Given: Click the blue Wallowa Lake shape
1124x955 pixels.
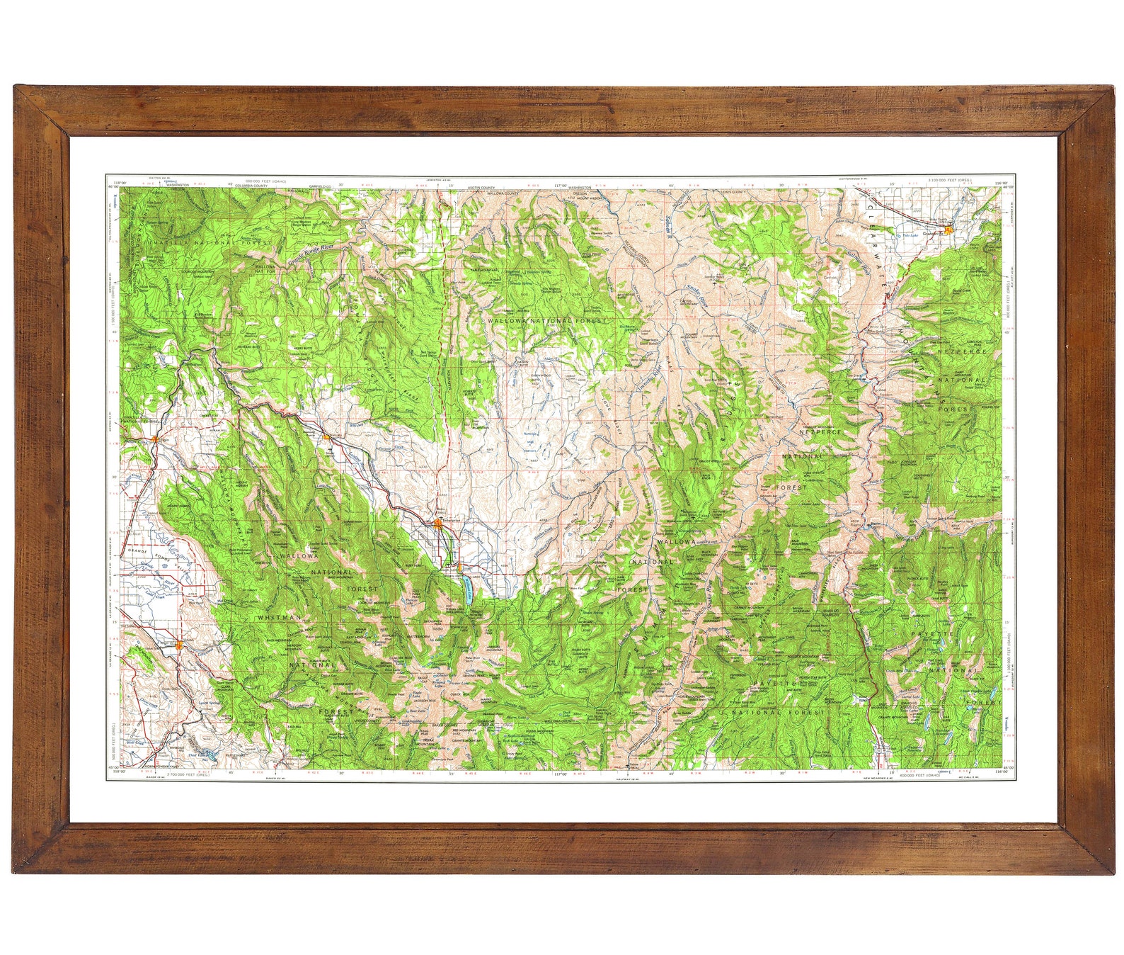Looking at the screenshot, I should [468, 590].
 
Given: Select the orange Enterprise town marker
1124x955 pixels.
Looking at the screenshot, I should [439, 523].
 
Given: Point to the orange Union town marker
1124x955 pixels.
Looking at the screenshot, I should [180, 645].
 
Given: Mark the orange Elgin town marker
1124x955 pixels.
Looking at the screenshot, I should [154, 441].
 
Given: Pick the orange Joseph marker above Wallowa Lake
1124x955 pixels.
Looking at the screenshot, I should [459, 567].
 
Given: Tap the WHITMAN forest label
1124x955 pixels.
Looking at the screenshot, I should [279, 618].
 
